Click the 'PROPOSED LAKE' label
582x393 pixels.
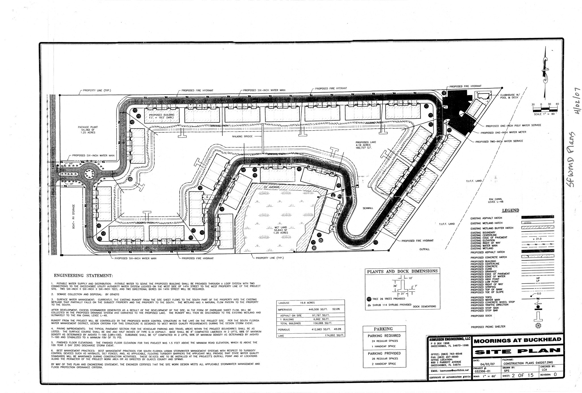364,145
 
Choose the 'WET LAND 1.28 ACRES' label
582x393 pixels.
281,230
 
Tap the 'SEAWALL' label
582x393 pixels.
368,208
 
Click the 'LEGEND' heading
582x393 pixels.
510,210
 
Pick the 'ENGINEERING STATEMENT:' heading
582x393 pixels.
83,275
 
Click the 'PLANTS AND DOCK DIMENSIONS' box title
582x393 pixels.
402,271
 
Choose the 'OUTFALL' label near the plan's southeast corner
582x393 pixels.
425,249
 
